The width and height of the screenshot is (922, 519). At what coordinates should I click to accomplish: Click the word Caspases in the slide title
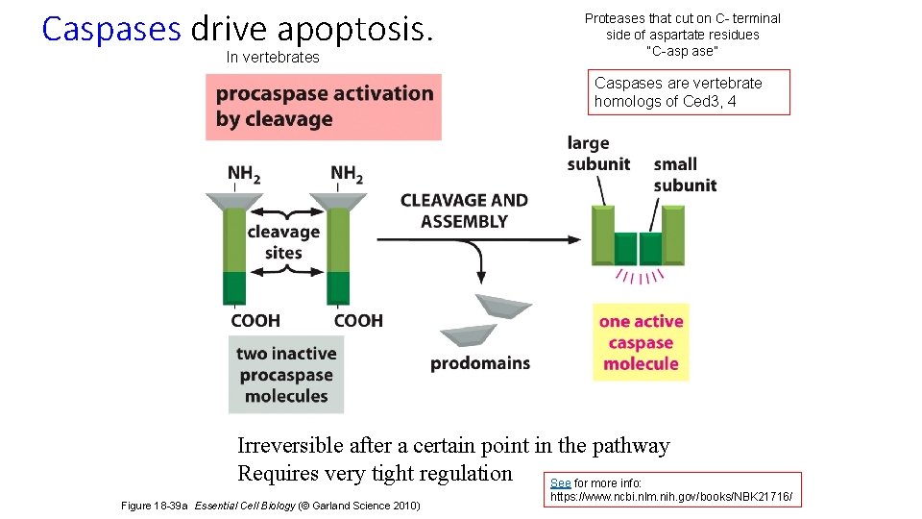pyautogui.click(x=111, y=29)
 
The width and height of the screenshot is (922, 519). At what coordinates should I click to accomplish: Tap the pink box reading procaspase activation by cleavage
pyautogui.click(x=324, y=107)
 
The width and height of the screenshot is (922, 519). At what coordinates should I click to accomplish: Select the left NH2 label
pyautogui.click(x=244, y=174)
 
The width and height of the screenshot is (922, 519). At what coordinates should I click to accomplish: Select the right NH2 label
pyautogui.click(x=347, y=174)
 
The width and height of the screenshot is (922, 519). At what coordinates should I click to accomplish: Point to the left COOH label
pyautogui.click(x=255, y=320)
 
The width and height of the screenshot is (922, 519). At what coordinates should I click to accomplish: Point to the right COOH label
pyautogui.click(x=358, y=320)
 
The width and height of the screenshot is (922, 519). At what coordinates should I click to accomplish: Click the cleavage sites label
pyautogui.click(x=283, y=242)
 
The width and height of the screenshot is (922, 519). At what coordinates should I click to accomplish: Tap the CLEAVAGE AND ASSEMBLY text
pyautogui.click(x=464, y=210)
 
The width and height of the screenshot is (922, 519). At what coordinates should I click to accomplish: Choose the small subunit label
pyautogui.click(x=685, y=174)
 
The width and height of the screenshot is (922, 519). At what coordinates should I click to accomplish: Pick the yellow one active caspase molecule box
pyautogui.click(x=641, y=343)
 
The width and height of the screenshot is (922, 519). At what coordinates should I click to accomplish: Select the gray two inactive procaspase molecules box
pyautogui.click(x=286, y=375)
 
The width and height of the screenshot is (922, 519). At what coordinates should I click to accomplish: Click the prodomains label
pyautogui.click(x=480, y=363)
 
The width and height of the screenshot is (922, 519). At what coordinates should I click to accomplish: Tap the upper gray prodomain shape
pyautogui.click(x=503, y=307)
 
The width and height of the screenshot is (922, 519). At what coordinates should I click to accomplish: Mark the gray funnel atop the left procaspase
pyautogui.click(x=234, y=202)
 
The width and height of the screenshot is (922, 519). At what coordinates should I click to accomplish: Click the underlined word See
pyautogui.click(x=560, y=482)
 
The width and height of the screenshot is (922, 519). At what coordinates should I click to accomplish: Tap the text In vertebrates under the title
pyautogui.click(x=273, y=58)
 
